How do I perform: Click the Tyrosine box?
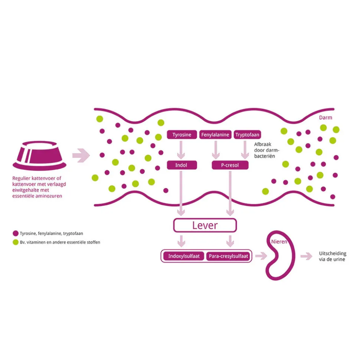(182, 135)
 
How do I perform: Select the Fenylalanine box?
(215, 135)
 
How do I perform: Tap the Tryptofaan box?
(247, 135)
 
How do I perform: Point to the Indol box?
(182, 165)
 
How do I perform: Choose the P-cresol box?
(230, 165)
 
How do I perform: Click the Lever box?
(205, 225)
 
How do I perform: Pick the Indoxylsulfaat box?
(184, 256)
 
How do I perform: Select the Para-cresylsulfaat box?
(228, 256)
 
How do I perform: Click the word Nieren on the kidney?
(279, 241)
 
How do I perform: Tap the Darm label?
(325, 118)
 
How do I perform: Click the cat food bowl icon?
(40, 156)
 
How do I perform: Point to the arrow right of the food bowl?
(81, 156)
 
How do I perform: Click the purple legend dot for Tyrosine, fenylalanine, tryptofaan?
(16, 234)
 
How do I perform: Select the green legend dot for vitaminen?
(16, 242)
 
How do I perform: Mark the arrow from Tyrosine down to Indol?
(181, 150)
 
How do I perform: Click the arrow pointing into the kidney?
(261, 256)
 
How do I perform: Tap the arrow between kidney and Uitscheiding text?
(307, 256)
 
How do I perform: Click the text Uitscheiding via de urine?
(333, 256)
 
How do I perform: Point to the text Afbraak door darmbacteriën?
(266, 150)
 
